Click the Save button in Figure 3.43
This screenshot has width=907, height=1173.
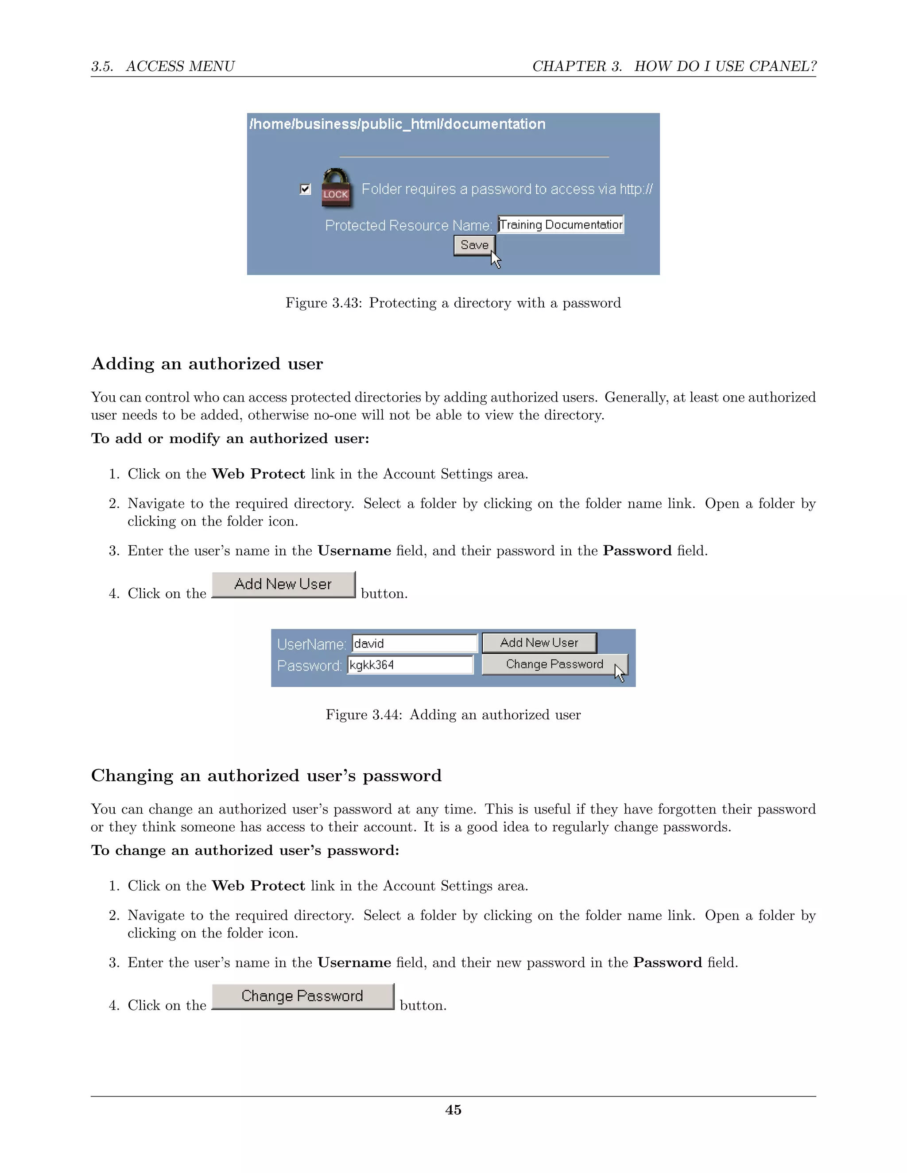474,246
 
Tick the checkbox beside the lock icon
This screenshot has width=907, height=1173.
305,189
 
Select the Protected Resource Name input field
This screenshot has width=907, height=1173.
560,224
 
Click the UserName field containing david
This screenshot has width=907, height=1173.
414,644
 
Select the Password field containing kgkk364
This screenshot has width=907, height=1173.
410,665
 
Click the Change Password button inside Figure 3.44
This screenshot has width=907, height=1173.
554,664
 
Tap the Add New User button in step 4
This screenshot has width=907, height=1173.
283,584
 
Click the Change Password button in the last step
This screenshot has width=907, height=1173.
302,996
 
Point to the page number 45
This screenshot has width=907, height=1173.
453,1110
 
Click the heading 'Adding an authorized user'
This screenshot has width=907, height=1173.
207,363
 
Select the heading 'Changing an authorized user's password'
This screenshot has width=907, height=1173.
266,776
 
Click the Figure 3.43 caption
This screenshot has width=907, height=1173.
453,303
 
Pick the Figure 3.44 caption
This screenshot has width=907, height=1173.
453,715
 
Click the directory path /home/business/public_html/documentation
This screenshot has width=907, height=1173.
398,124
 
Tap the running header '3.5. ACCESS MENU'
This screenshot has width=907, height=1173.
163,66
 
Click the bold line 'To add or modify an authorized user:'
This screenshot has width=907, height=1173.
230,438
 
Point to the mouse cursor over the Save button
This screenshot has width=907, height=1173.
495,259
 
